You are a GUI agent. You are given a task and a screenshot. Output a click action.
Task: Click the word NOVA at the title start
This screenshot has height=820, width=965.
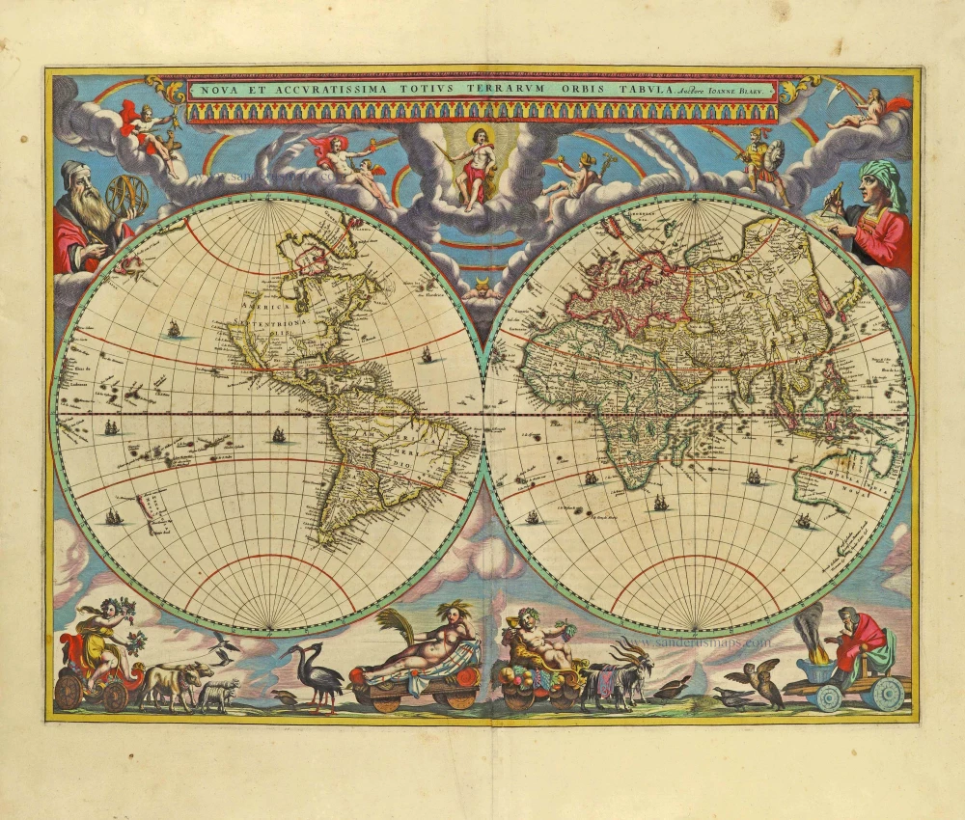click(x=217, y=90)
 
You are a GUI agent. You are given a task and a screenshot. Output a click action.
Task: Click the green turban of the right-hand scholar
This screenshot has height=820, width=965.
click(x=880, y=178)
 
